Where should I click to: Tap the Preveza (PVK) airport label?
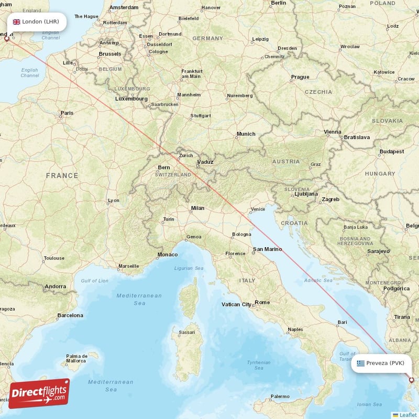point(385,363)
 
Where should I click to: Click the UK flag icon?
point(16,22)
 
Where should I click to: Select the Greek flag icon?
point(360,363)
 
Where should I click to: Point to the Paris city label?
point(67,113)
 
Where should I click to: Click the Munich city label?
point(246,134)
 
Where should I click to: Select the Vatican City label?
point(237,304)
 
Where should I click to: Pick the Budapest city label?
point(392,151)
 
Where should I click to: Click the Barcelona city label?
point(70,315)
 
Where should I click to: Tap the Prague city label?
point(300,77)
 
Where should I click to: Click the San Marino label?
point(267,249)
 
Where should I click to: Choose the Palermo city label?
point(279,396)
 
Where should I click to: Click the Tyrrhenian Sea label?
point(258,365)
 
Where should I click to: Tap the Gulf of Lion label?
point(95,281)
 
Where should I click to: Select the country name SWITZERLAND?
point(173,175)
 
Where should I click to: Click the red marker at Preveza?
point(412,380)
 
